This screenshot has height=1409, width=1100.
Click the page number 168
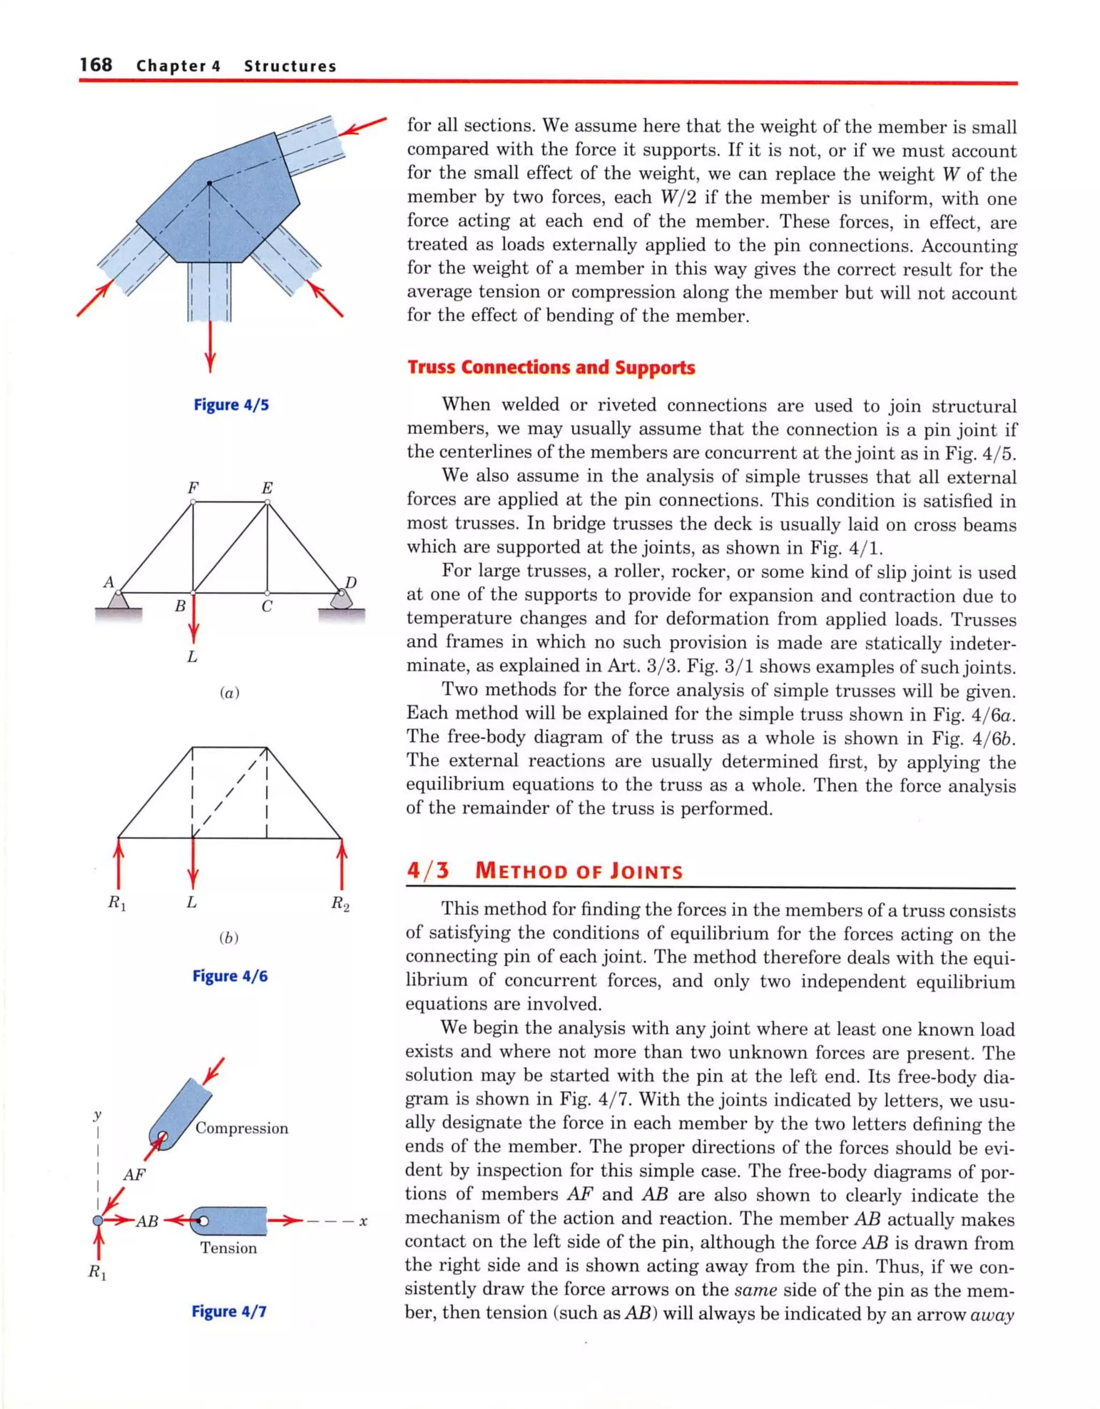[96, 64]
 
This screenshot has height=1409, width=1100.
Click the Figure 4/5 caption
[231, 405]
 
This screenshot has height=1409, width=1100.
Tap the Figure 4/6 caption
[230, 976]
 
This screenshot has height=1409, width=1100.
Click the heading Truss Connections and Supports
[551, 368]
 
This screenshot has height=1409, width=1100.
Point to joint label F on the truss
[192, 488]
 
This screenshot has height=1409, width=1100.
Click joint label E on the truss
[266, 488]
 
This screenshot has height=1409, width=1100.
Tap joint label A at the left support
[109, 582]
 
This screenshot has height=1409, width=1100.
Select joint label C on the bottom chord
[266, 607]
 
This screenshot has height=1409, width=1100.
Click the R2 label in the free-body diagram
[341, 903]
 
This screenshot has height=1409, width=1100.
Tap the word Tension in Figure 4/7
[228, 1248]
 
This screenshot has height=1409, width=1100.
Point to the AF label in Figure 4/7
[134, 1175]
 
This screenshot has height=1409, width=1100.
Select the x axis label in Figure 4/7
[363, 1222]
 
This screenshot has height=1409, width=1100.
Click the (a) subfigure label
[229, 693]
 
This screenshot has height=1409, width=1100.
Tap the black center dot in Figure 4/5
[209, 184]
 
